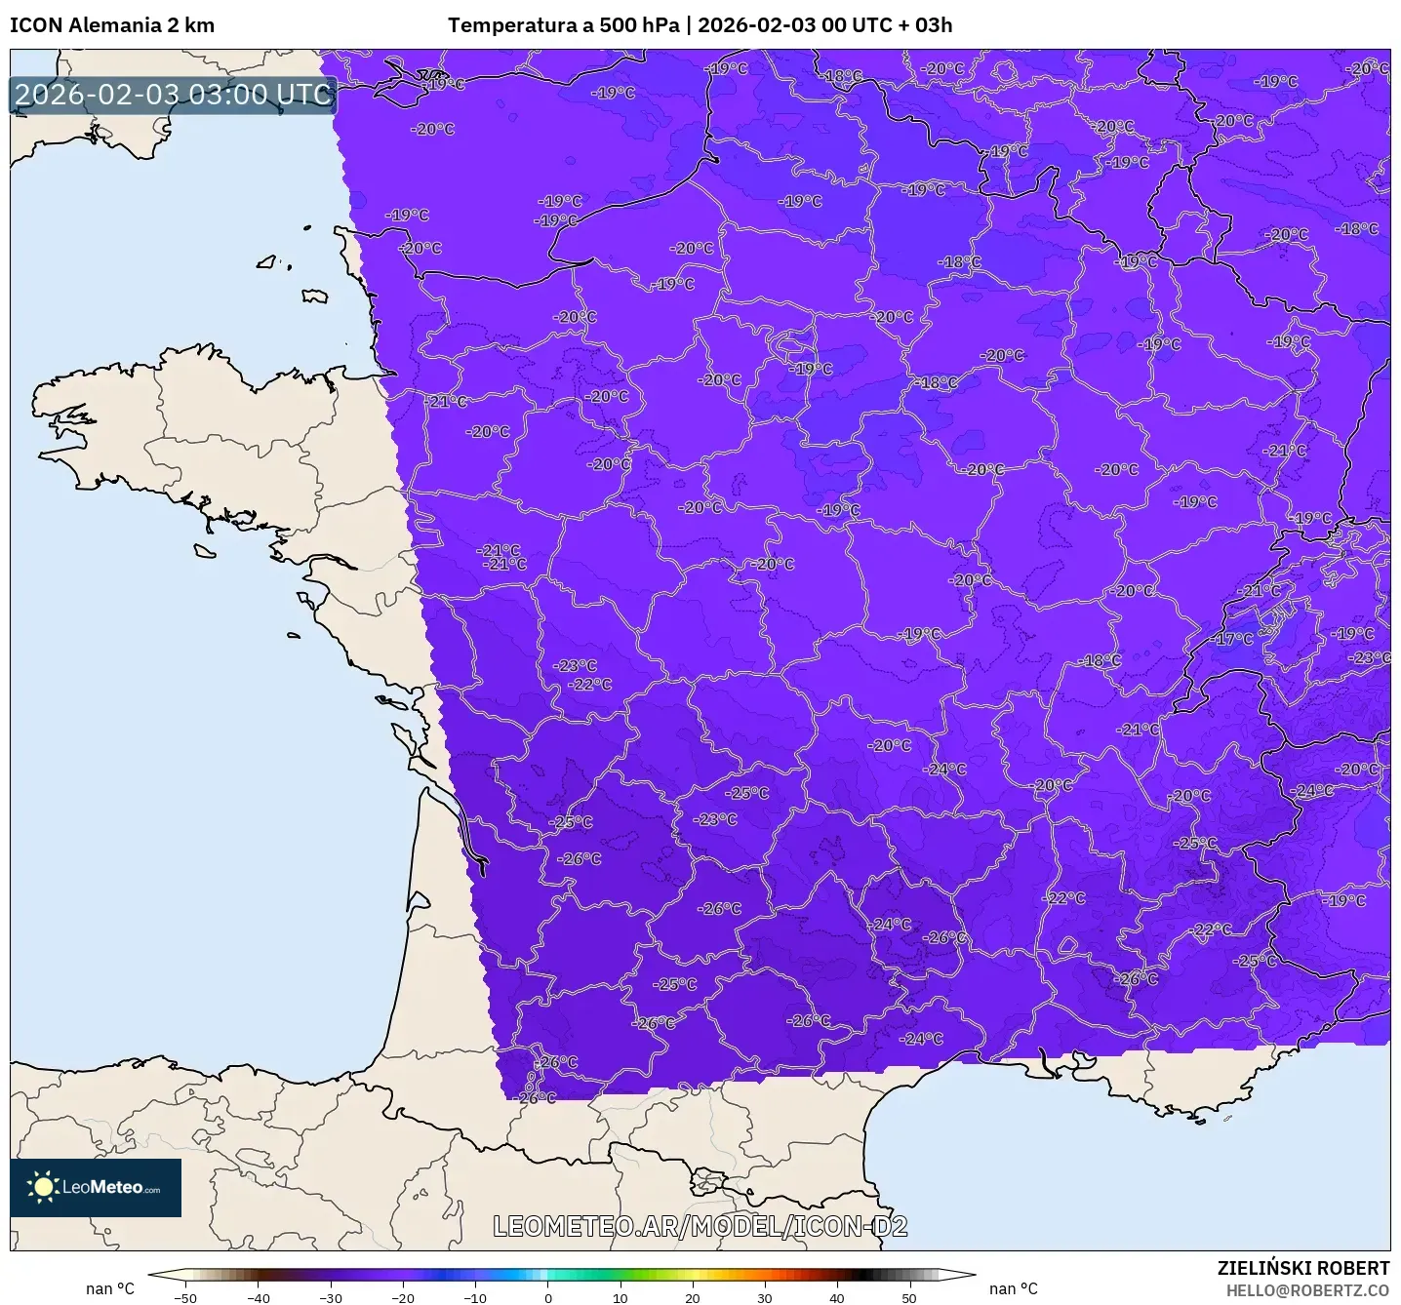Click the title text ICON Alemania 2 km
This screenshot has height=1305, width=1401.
pos(112,25)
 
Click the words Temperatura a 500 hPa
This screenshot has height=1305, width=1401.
pos(563,25)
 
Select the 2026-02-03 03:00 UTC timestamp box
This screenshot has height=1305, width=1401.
pos(173,95)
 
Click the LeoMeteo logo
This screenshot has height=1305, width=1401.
pos(96,1187)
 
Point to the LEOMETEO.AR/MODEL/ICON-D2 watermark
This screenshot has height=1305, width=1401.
pos(700,1226)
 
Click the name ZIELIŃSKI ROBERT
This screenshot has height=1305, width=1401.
pos(1302,1268)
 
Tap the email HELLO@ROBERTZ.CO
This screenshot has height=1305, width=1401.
pos(1307,1290)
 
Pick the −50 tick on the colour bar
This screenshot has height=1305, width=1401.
pos(185,1297)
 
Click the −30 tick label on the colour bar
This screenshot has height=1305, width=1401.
pos(330,1297)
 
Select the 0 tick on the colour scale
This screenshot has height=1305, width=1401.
pos(547,1297)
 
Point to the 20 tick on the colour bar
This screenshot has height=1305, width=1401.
pos(692,1297)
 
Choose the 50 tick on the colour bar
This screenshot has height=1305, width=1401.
pos(909,1297)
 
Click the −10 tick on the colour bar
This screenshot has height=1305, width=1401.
pos(474,1297)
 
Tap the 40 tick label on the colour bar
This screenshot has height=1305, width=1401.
pos(837,1297)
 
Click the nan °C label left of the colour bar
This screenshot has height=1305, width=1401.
pos(110,1288)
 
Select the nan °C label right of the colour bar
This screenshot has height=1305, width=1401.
pos(1014,1288)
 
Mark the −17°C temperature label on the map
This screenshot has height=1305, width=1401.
pos(1233,639)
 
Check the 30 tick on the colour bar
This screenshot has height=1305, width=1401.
pos(764,1297)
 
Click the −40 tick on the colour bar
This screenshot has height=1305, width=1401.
pos(258,1297)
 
